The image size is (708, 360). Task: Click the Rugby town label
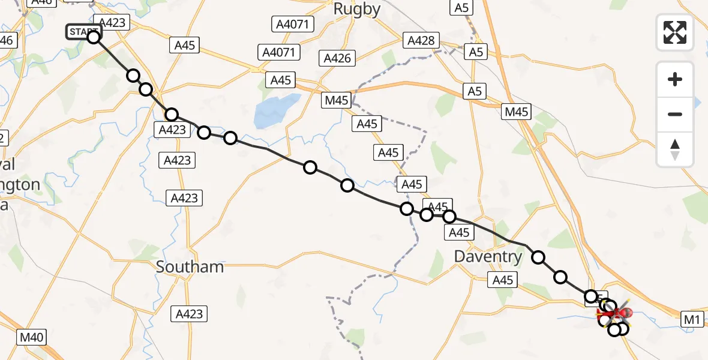[x=357, y=9]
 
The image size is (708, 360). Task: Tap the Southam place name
[x=190, y=267]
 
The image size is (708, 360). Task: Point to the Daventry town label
[x=488, y=257]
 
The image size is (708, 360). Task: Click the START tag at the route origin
[x=82, y=31]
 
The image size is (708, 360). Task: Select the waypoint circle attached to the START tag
[x=94, y=37]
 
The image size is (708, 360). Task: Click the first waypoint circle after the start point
[x=133, y=76]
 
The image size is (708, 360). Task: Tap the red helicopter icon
[x=614, y=312]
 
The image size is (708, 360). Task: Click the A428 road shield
[x=421, y=40]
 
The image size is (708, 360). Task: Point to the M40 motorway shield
[x=31, y=337]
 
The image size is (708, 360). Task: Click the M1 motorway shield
[x=692, y=320]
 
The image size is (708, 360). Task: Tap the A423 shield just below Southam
[x=189, y=313]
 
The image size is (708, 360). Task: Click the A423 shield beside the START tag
[x=112, y=23]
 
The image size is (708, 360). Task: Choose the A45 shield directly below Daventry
[x=503, y=280]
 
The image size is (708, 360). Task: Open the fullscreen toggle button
[x=675, y=32]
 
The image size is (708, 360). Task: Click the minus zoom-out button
[x=675, y=114]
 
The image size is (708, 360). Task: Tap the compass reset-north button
[x=675, y=149]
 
